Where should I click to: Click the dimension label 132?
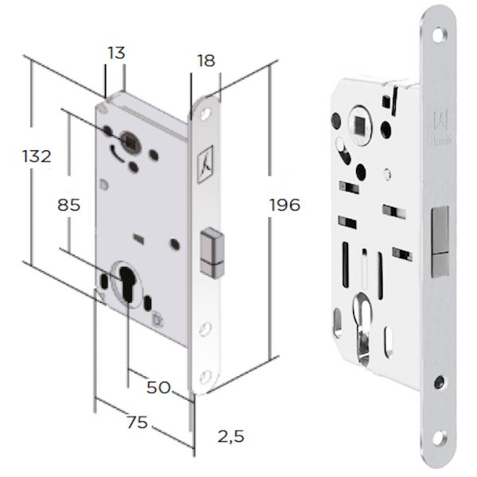pyautogui.click(x=37, y=157)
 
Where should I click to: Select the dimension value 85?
pyautogui.click(x=68, y=205)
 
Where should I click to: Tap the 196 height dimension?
pyautogui.click(x=285, y=204)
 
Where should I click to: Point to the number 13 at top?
pyautogui.click(x=116, y=53)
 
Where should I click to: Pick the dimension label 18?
pyautogui.click(x=206, y=60)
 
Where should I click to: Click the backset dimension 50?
pyautogui.click(x=158, y=387)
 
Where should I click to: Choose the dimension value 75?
pyautogui.click(x=138, y=422)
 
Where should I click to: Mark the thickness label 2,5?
pyautogui.click(x=231, y=436)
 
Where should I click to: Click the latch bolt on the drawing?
pyautogui.click(x=211, y=253)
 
